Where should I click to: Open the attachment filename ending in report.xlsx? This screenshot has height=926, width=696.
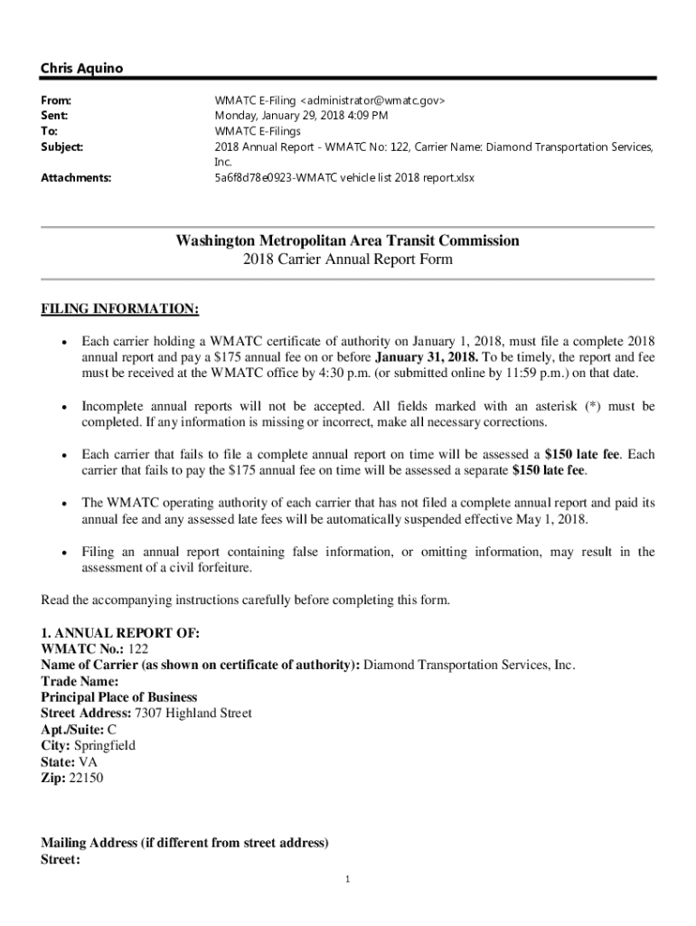click(344, 178)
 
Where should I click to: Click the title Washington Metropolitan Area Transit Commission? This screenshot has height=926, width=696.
click(348, 241)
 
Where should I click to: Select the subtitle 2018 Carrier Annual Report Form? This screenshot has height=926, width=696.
click(348, 260)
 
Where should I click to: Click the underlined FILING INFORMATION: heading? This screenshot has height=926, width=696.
click(119, 309)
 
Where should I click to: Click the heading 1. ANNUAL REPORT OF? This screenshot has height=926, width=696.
click(120, 632)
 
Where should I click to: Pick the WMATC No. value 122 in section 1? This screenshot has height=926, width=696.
click(138, 648)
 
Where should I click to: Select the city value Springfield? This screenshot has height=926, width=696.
click(105, 745)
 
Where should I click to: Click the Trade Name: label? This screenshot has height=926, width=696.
click(80, 681)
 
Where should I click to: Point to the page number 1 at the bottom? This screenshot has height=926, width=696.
click(347, 879)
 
